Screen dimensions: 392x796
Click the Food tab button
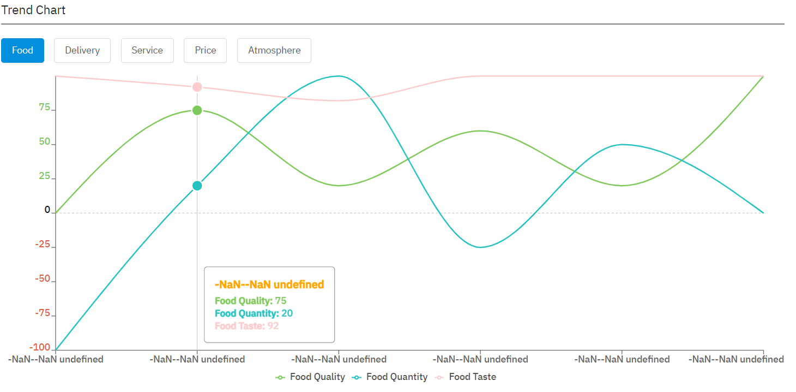22,50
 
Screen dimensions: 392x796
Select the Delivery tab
82,50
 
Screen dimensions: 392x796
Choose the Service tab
147,50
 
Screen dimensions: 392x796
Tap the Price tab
205,50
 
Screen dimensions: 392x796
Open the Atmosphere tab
274,50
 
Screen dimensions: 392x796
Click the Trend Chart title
33,10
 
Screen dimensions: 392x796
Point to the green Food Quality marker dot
197,110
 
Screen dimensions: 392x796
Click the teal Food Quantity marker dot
197,186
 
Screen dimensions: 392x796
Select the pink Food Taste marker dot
197,87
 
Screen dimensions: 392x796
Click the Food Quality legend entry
311,377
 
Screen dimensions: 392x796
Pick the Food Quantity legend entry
390,377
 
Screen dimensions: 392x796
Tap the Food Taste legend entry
466,377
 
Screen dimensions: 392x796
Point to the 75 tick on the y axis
44,108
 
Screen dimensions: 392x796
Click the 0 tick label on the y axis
47,210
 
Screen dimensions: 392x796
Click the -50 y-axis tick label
42,279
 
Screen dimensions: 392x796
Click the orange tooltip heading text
269,284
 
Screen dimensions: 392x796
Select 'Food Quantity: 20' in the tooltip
254,313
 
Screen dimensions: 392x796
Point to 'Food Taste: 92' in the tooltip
246,326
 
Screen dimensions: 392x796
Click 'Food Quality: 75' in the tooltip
250,300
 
